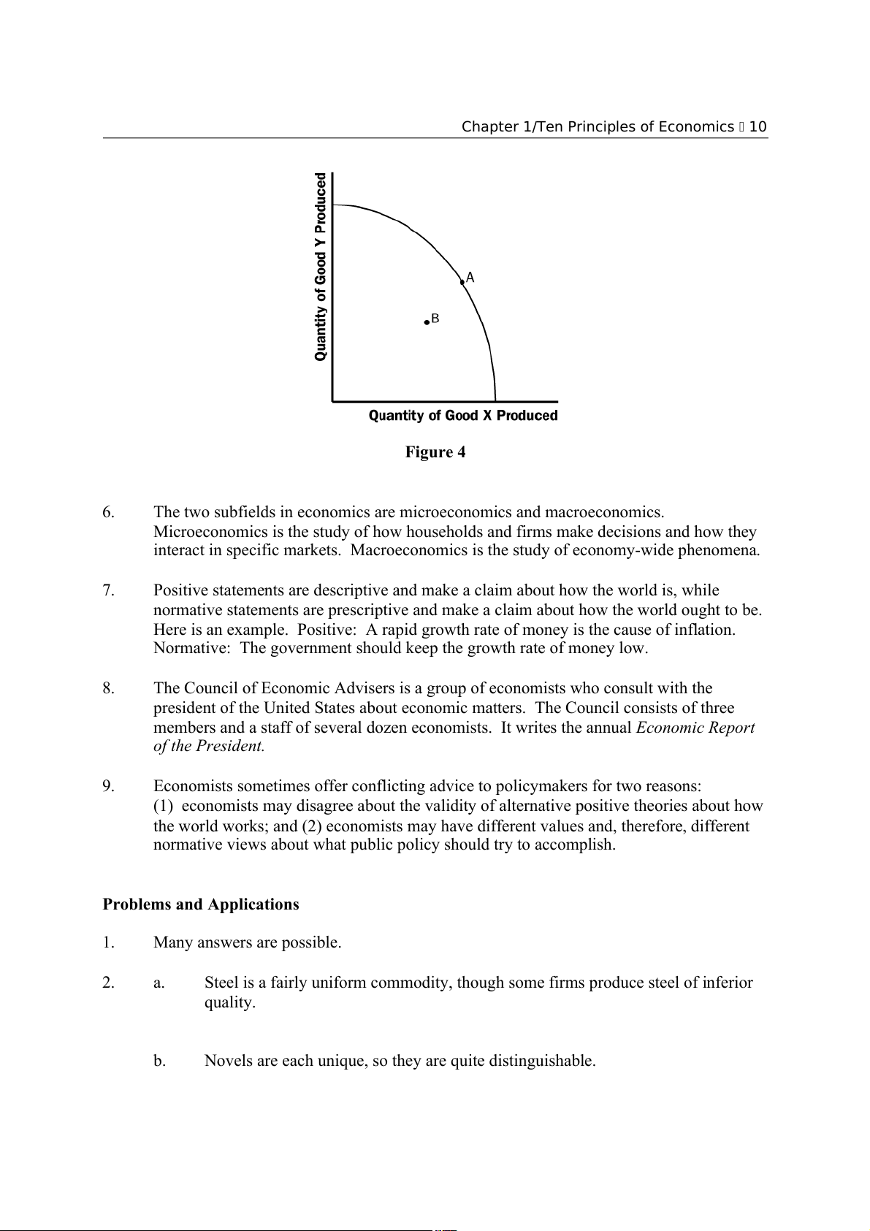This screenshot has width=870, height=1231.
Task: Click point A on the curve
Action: tap(462, 281)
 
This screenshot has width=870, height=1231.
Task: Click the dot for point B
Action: tap(427, 322)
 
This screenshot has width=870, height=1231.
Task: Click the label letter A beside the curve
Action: tap(470, 278)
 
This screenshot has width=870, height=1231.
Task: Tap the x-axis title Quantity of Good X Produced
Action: tap(462, 416)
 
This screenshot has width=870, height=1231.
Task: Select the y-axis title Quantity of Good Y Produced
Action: tap(321, 267)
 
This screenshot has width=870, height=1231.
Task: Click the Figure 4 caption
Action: tap(435, 452)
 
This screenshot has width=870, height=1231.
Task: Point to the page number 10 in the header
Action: tap(758, 127)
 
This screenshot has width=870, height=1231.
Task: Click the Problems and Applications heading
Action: tap(201, 904)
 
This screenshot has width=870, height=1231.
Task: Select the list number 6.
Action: tap(109, 512)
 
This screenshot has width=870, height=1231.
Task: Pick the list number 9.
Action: tap(109, 787)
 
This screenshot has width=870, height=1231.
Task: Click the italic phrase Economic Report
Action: tap(695, 728)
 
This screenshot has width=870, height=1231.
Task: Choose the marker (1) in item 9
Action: tap(163, 806)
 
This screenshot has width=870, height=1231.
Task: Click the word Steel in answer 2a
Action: tap(221, 983)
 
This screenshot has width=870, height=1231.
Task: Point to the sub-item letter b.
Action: tap(159, 1061)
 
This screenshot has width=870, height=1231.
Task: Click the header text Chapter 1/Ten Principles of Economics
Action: tap(598, 127)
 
